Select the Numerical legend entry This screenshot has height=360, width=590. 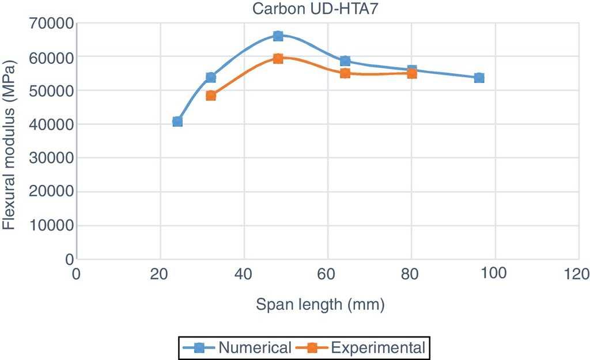click(x=239, y=347)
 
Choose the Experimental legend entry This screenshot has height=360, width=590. click(x=362, y=347)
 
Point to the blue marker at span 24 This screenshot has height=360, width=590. click(x=177, y=122)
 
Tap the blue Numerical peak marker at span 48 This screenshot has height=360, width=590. click(x=278, y=36)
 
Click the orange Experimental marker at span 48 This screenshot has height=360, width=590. click(x=278, y=58)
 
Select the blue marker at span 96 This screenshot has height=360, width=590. click(x=479, y=78)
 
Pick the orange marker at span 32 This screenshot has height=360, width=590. click(x=211, y=96)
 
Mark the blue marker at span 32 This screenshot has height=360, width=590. click(x=211, y=77)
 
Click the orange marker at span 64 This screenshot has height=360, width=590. click(x=345, y=73)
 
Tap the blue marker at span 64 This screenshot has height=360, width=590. click(x=345, y=61)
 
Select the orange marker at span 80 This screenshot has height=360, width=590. click(x=412, y=73)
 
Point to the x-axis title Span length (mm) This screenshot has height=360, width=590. click(x=320, y=304)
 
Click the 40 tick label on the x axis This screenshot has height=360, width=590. click(x=244, y=272)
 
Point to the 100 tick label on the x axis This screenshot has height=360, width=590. click(x=494, y=272)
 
